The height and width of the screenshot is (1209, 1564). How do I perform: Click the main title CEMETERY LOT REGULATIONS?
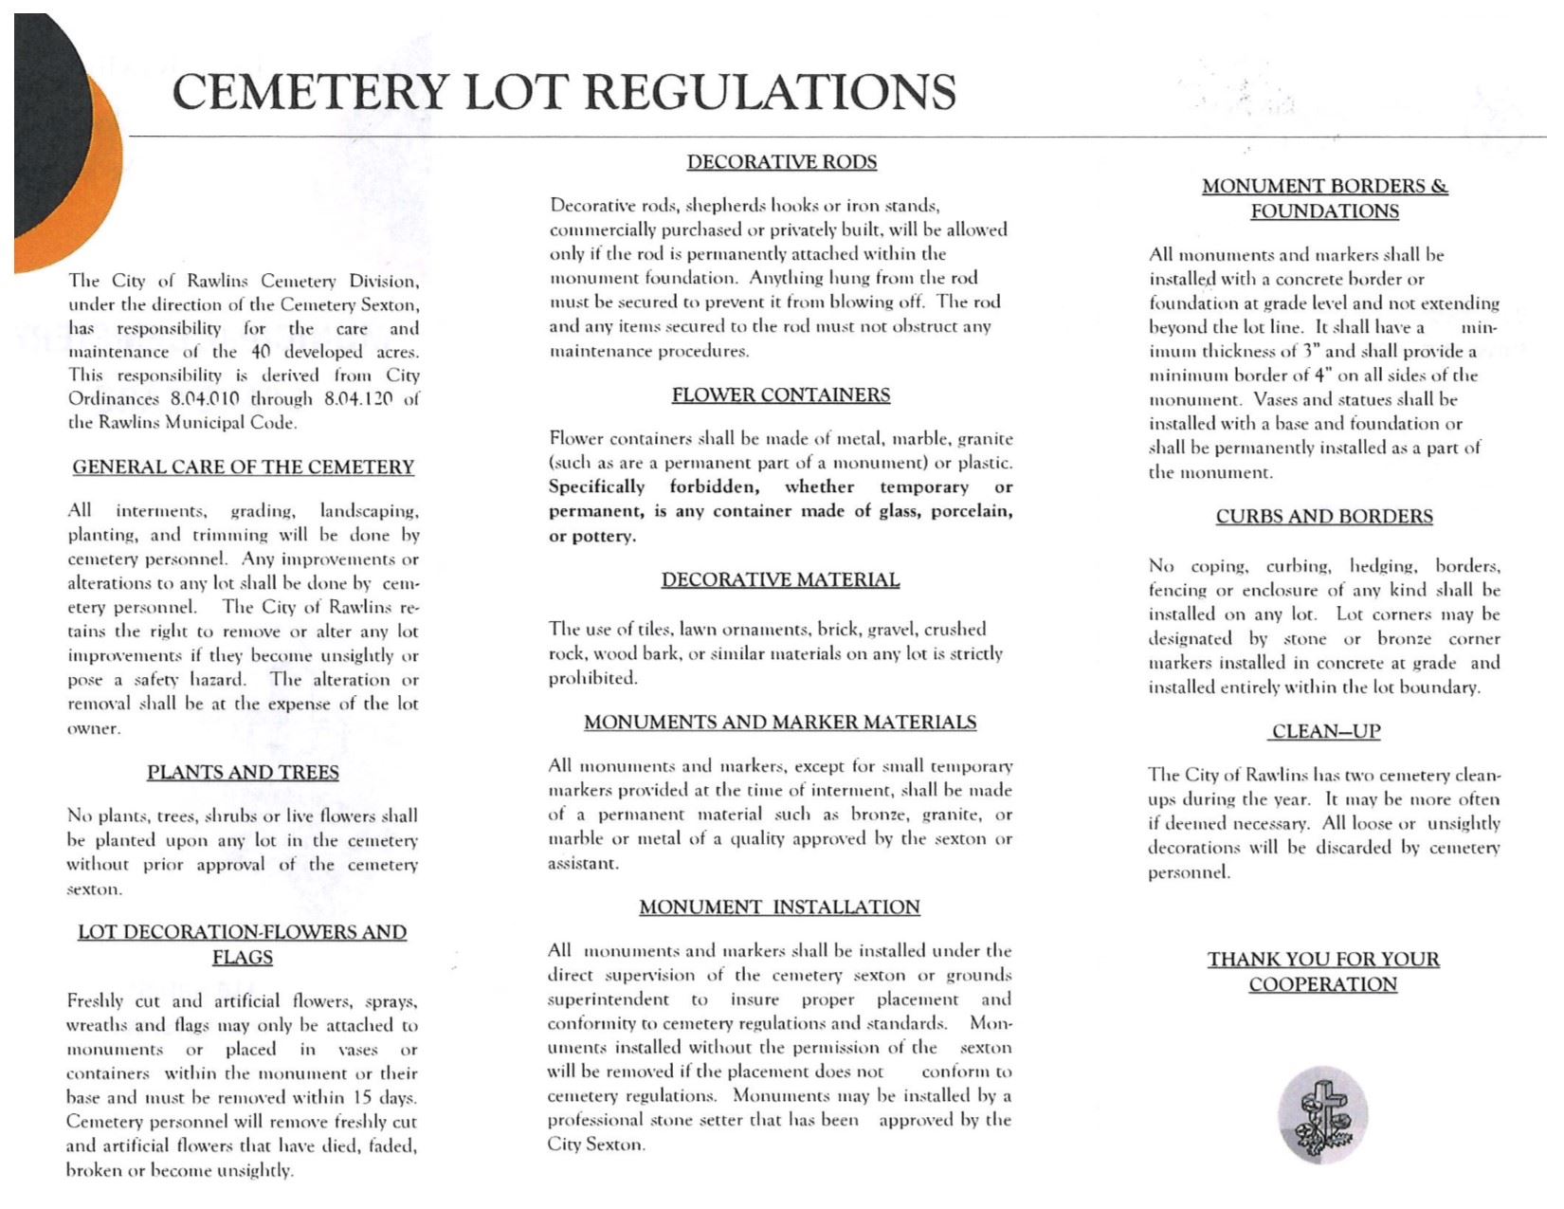pos(564,92)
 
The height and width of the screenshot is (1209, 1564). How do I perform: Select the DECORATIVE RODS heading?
pos(782,162)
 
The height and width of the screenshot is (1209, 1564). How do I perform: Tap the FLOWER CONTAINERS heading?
pos(781,395)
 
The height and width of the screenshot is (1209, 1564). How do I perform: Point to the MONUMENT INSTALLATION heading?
pos(779,907)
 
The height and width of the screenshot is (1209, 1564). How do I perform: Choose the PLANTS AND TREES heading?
pos(243,773)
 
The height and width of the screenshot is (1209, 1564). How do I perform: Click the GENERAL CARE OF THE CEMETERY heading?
pos(244,467)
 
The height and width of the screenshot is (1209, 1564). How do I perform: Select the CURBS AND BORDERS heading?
pos(1324,517)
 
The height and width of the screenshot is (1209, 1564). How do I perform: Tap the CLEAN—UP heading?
pos(1325,732)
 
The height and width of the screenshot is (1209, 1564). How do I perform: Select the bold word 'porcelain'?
pos(973,512)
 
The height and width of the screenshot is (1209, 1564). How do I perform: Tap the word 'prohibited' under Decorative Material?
pos(593,678)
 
